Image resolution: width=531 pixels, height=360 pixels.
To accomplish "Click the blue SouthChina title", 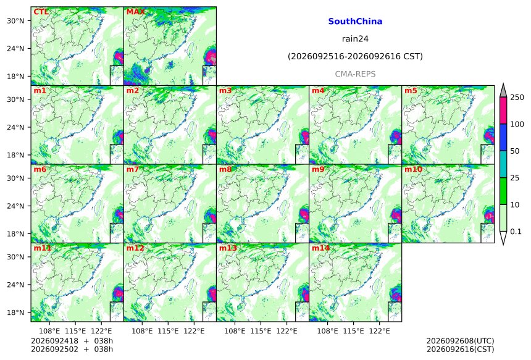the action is (355, 22).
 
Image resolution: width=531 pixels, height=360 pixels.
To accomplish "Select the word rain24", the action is (355, 39).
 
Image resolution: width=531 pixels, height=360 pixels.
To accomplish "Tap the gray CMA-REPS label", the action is (355, 74).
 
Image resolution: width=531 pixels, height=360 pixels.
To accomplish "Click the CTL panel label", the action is (41, 12).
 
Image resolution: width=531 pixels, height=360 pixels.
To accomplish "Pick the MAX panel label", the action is (135, 12).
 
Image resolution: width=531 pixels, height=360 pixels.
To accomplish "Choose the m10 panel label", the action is (413, 169).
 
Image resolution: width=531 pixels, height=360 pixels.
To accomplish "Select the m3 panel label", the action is (225, 91).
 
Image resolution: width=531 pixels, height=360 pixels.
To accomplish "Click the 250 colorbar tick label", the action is (517, 98).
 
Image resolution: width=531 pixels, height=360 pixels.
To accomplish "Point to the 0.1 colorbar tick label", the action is (516, 232).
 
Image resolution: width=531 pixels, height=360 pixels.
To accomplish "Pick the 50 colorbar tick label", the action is (515, 151).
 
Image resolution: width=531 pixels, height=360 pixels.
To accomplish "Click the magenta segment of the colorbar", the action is (503, 111).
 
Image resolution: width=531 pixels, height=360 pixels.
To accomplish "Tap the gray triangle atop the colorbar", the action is (503, 91).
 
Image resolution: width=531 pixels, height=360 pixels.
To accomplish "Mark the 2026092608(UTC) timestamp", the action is (460, 341).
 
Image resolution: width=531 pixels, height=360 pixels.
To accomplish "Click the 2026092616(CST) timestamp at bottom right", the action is (460, 349).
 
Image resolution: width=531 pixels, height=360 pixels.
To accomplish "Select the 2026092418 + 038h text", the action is (72, 341).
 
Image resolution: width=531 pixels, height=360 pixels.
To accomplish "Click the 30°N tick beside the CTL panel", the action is (15, 20).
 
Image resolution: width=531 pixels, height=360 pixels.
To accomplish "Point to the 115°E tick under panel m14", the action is (353, 330).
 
